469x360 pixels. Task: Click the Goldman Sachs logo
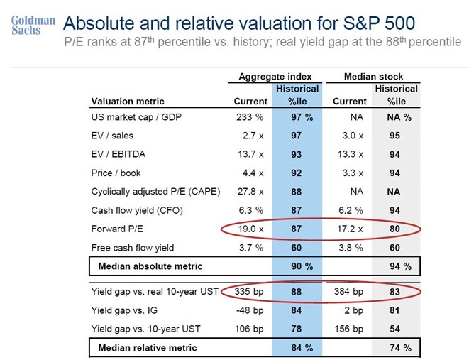point(33,25)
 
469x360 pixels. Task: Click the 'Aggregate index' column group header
point(274,76)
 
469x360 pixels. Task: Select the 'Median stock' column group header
point(373,76)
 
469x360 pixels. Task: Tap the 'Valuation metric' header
point(128,102)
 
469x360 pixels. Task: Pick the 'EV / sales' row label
point(112,136)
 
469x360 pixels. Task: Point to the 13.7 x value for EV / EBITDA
point(249,154)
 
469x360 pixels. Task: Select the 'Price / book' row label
point(116,173)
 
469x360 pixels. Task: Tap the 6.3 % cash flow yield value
point(250,210)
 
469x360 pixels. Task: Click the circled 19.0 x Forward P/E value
point(248,229)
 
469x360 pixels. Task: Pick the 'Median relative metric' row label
point(148,347)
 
